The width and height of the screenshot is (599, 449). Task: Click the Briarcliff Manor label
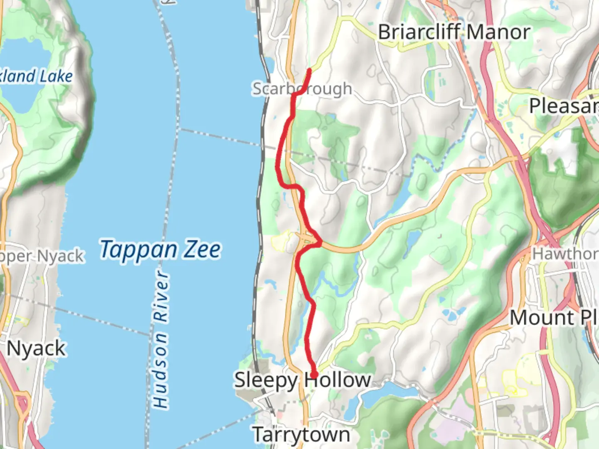454,32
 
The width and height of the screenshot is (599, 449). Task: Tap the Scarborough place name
302,89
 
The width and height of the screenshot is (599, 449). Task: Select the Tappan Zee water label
160,249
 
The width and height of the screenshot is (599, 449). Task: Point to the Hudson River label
161,339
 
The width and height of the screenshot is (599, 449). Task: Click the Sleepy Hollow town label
302,380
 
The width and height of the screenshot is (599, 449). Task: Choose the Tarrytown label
302,435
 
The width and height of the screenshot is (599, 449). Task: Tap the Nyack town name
36,348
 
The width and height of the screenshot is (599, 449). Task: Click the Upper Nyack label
42,257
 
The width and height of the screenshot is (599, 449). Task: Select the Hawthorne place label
566,253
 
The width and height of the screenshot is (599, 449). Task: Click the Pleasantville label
564,106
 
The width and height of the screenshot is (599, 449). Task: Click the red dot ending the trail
314,375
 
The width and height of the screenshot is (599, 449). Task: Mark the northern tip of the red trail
309,70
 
